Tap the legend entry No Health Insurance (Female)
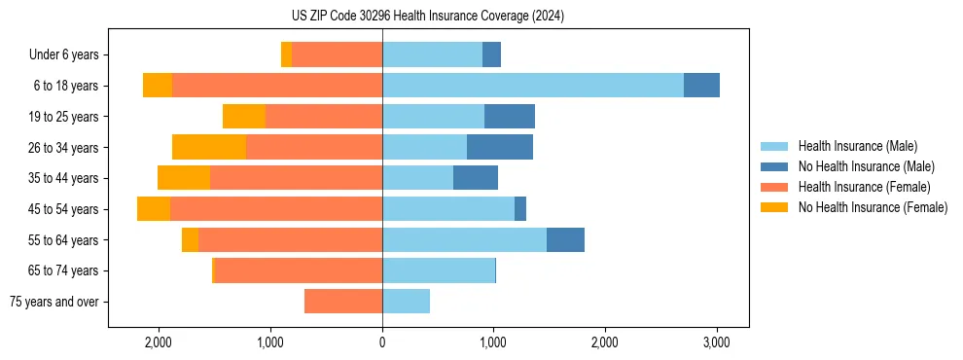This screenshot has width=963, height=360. coord(873,207)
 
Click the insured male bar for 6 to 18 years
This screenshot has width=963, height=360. coord(533,86)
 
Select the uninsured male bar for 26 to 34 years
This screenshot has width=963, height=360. coord(500,148)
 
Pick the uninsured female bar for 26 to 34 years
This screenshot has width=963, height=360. coord(209,148)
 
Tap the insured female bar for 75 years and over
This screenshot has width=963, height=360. coord(343,302)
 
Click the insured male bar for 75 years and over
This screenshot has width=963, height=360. coord(406,302)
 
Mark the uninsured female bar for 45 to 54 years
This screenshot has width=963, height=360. coord(154,209)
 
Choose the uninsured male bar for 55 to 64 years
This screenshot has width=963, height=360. coord(565,240)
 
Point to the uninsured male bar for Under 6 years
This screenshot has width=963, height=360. coord(491,55)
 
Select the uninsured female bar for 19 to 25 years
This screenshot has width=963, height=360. coord(244,117)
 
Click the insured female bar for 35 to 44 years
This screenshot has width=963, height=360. coord(296,178)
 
